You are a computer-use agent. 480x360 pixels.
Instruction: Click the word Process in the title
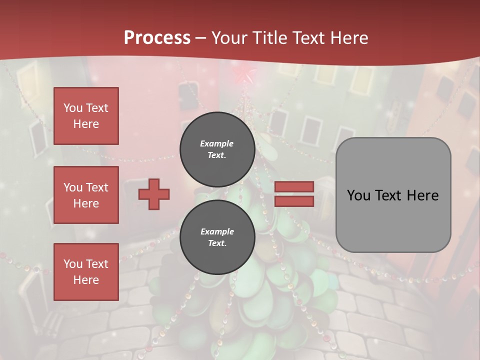pyautogui.click(x=157, y=38)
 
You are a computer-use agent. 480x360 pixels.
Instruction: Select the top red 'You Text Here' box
pyautogui.click(x=86, y=116)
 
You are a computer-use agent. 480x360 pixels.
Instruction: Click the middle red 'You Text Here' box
pyautogui.click(x=86, y=195)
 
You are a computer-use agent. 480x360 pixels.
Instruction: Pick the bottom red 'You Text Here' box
pyautogui.click(x=86, y=271)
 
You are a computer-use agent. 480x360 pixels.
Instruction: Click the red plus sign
pyautogui.click(x=154, y=194)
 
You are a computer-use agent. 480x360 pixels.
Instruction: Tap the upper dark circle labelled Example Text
pyautogui.click(x=217, y=149)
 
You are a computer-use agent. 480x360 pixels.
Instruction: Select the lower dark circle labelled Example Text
pyautogui.click(x=217, y=237)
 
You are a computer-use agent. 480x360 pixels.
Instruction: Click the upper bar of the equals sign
pyautogui.click(x=294, y=186)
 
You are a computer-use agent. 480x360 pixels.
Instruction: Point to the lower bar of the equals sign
pyautogui.click(x=294, y=201)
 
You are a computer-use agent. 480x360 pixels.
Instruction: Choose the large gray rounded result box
pyautogui.click(x=393, y=195)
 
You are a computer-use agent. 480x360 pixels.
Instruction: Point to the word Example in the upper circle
pyautogui.click(x=217, y=143)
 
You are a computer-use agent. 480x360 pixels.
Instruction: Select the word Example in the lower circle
pyautogui.click(x=217, y=231)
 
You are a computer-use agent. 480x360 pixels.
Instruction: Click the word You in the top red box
pyautogui.click(x=73, y=108)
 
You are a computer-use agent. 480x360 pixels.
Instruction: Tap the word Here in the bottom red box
pyautogui.click(x=86, y=280)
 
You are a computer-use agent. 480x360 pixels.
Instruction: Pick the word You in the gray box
pyautogui.click(x=358, y=195)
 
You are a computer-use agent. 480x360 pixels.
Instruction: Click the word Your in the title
pyautogui.click(x=231, y=38)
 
